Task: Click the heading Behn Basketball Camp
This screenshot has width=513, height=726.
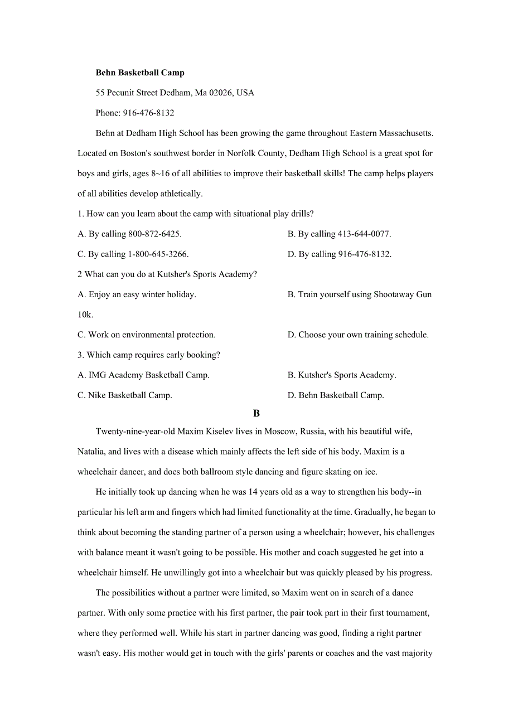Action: click(140, 72)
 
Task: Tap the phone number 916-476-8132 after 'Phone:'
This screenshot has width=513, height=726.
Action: click(148, 113)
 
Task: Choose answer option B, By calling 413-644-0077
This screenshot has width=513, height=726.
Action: click(339, 234)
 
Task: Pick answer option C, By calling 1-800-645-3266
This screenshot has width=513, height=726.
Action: click(133, 254)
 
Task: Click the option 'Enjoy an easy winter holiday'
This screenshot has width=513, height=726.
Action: click(137, 294)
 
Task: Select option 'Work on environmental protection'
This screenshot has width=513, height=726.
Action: click(146, 335)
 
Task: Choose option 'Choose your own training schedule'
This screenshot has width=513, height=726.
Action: click(358, 335)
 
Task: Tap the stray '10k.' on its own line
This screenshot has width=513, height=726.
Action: click(85, 314)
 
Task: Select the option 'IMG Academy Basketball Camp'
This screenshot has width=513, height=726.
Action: click(143, 375)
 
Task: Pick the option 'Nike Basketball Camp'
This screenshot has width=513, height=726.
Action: click(124, 395)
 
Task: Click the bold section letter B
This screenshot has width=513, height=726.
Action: click(256, 413)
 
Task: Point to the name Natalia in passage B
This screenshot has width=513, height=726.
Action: click(91, 451)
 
